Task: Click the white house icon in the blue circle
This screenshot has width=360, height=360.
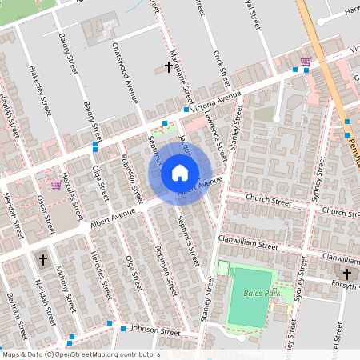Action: pyautogui.click(x=180, y=172)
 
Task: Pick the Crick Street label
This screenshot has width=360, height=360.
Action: pyautogui.click(x=222, y=68)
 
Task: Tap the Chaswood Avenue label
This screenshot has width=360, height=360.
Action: pyautogui.click(x=127, y=71)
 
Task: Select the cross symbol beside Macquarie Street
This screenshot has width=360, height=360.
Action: pyautogui.click(x=169, y=68)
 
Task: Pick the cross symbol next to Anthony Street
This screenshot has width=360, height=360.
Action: pyautogui.click(x=43, y=259)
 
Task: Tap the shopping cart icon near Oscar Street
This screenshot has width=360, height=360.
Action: pyautogui.click(x=55, y=184)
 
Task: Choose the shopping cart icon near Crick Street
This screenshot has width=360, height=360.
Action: pyautogui.click(x=305, y=61)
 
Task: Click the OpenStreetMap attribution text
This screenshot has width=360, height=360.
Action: pyautogui.click(x=80, y=354)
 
